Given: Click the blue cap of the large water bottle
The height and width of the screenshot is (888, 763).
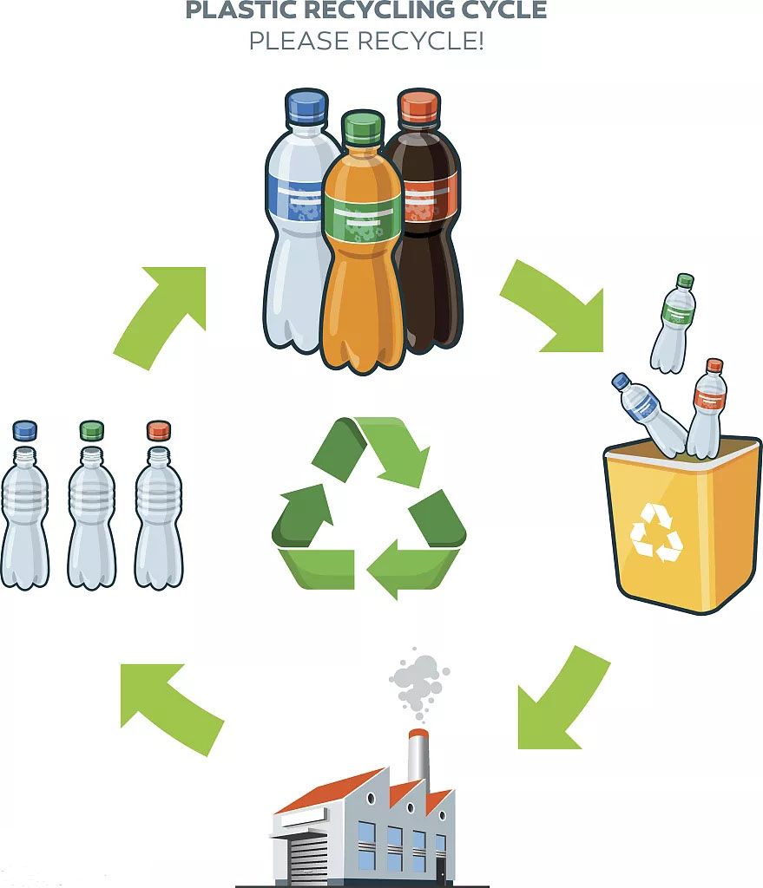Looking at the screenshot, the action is (x=306, y=105).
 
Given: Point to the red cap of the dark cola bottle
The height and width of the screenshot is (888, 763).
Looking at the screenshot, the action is (x=419, y=105).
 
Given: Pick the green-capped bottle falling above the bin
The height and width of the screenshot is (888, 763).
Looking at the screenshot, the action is (x=674, y=323).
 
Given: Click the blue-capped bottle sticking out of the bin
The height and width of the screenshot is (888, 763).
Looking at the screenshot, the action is (x=649, y=414).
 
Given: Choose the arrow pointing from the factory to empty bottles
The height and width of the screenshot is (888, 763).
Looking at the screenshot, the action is (x=168, y=704).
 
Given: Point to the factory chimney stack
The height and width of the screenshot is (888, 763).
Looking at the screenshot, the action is (x=418, y=759).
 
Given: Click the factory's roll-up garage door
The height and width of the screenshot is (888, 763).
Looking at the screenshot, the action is (x=306, y=858).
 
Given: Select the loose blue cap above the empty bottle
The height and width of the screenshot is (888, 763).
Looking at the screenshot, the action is (x=24, y=430).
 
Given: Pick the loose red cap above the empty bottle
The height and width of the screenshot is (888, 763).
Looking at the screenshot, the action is (x=159, y=430).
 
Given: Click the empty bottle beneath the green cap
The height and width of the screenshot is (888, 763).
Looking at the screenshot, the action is (x=92, y=518).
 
